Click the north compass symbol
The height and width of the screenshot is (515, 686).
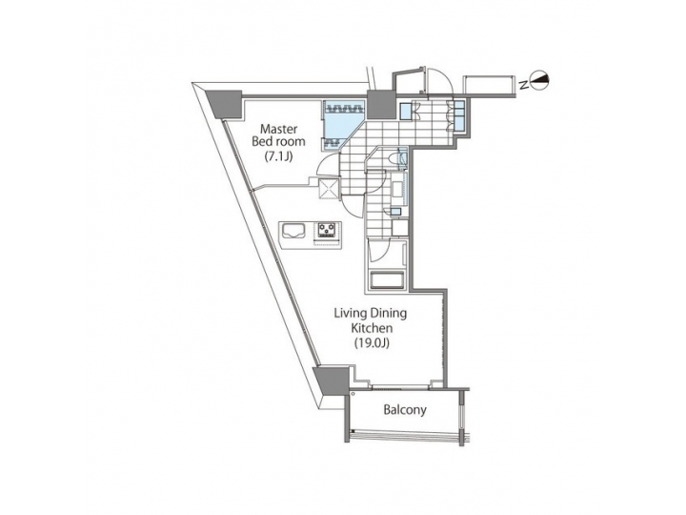538,84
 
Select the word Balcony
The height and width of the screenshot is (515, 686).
404,411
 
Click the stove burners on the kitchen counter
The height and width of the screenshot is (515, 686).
329,230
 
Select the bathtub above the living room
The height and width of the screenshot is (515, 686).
386,280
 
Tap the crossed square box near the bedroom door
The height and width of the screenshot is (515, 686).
328,188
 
